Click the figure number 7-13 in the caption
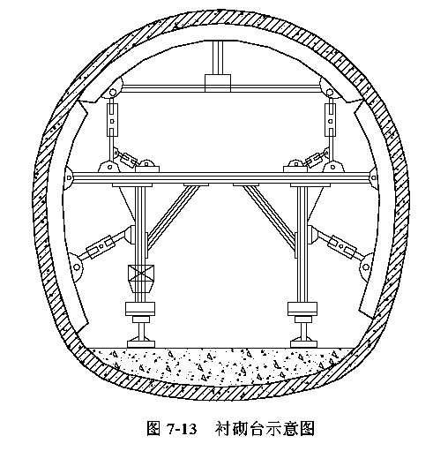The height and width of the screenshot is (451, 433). coord(182,429)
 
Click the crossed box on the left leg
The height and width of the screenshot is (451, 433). coord(141,273)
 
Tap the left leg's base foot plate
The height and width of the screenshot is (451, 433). coord(141,344)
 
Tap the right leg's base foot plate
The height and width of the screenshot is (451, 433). coord(303,344)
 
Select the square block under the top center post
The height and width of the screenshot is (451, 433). coord(218,83)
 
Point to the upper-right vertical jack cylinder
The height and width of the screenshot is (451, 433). coord(331,120)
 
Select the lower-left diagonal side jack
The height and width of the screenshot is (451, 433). coord(100,245)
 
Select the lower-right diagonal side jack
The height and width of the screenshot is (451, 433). coord(342,245)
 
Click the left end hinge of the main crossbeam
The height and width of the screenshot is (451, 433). coord(69,177)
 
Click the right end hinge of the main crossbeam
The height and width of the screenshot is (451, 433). coord(374,177)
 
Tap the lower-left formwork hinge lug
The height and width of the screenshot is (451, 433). coord(76,267)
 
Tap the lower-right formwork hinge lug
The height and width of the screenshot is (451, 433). coord(366,267)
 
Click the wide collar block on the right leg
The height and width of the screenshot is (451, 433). coord(302,309)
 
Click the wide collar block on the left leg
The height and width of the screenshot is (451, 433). coord(140,309)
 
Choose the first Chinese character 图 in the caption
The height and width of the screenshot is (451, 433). coord(153,429)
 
